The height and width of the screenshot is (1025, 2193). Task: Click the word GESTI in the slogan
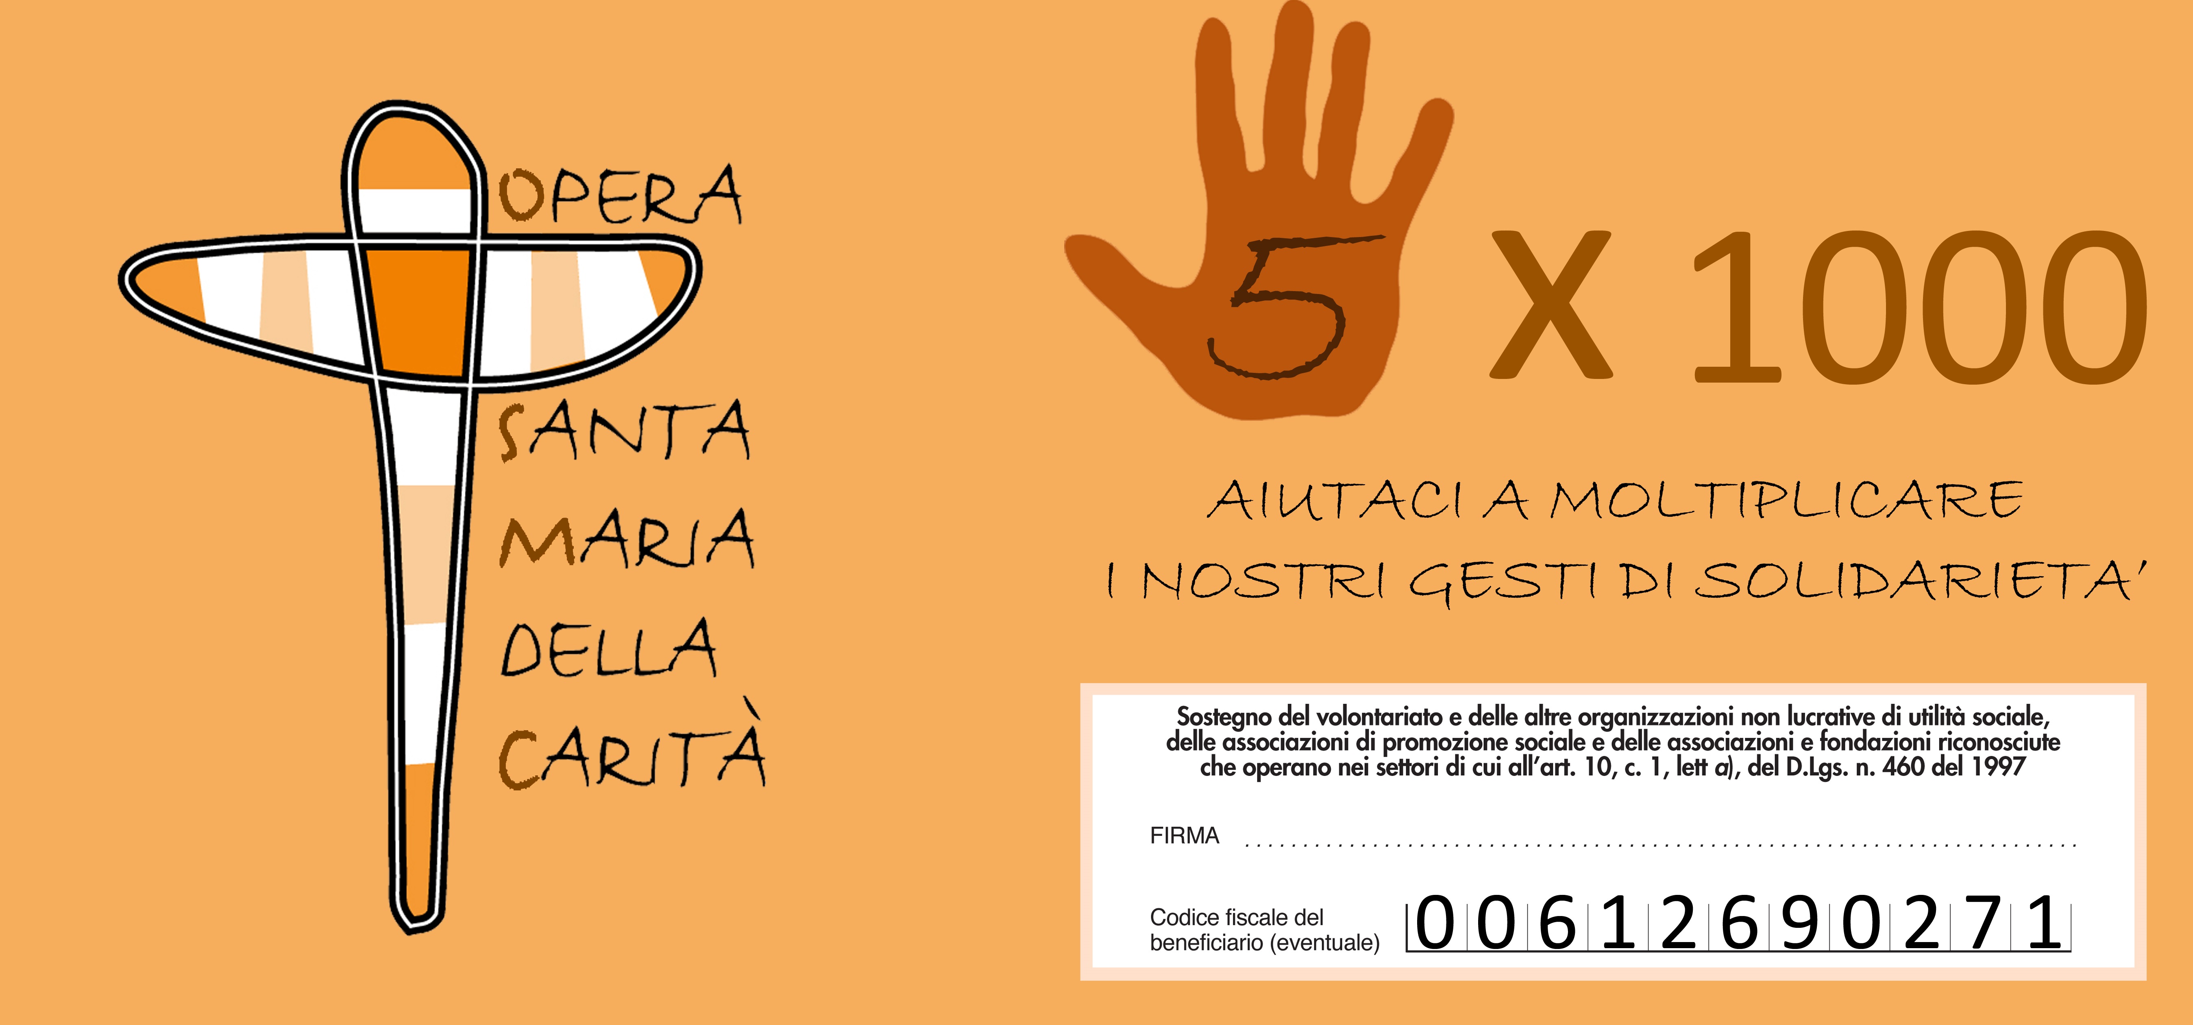click(1503, 583)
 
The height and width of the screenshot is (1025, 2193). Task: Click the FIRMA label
click(1184, 836)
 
